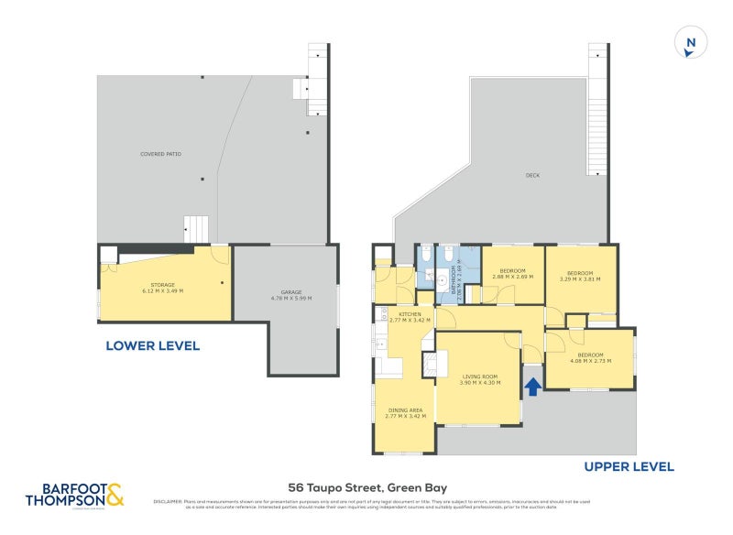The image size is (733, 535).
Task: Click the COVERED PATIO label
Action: click(x=160, y=154)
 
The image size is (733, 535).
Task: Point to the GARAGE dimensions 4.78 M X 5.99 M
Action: click(x=290, y=299)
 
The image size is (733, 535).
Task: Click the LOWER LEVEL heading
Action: click(x=152, y=346)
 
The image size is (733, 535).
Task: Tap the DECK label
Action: click(x=531, y=176)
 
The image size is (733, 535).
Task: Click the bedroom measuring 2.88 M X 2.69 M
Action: click(x=512, y=274)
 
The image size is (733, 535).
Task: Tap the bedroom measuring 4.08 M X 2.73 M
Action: click(x=590, y=357)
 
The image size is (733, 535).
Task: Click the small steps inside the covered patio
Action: click(x=197, y=228)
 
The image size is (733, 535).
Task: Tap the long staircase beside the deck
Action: click(x=597, y=110)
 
